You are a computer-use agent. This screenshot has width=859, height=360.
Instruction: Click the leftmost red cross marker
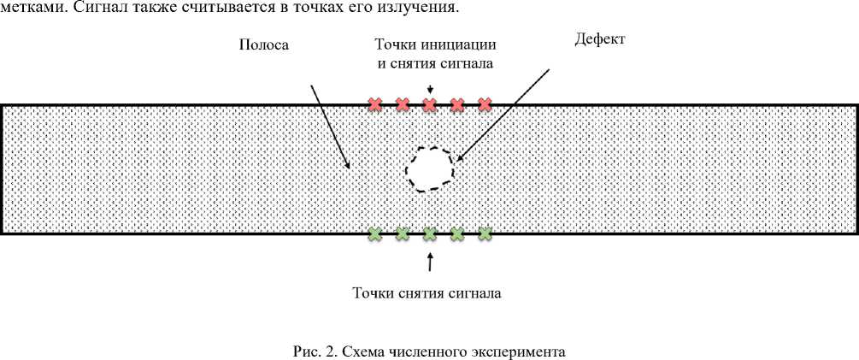374,105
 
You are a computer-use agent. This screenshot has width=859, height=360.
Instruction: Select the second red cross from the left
402,105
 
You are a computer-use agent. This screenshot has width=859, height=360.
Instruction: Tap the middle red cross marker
430,105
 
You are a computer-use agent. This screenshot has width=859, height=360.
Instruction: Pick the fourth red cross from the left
457,105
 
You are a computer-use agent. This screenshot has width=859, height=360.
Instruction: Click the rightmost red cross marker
485,105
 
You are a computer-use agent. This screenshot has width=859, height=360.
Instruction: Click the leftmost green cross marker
374,233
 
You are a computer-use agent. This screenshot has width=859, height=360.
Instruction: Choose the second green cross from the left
402,233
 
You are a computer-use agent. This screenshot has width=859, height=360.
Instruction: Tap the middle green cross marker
430,233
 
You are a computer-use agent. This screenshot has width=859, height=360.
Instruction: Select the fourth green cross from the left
457,233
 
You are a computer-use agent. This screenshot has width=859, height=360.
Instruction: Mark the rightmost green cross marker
485,233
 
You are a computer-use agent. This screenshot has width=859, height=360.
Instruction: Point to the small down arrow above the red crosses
430,88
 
